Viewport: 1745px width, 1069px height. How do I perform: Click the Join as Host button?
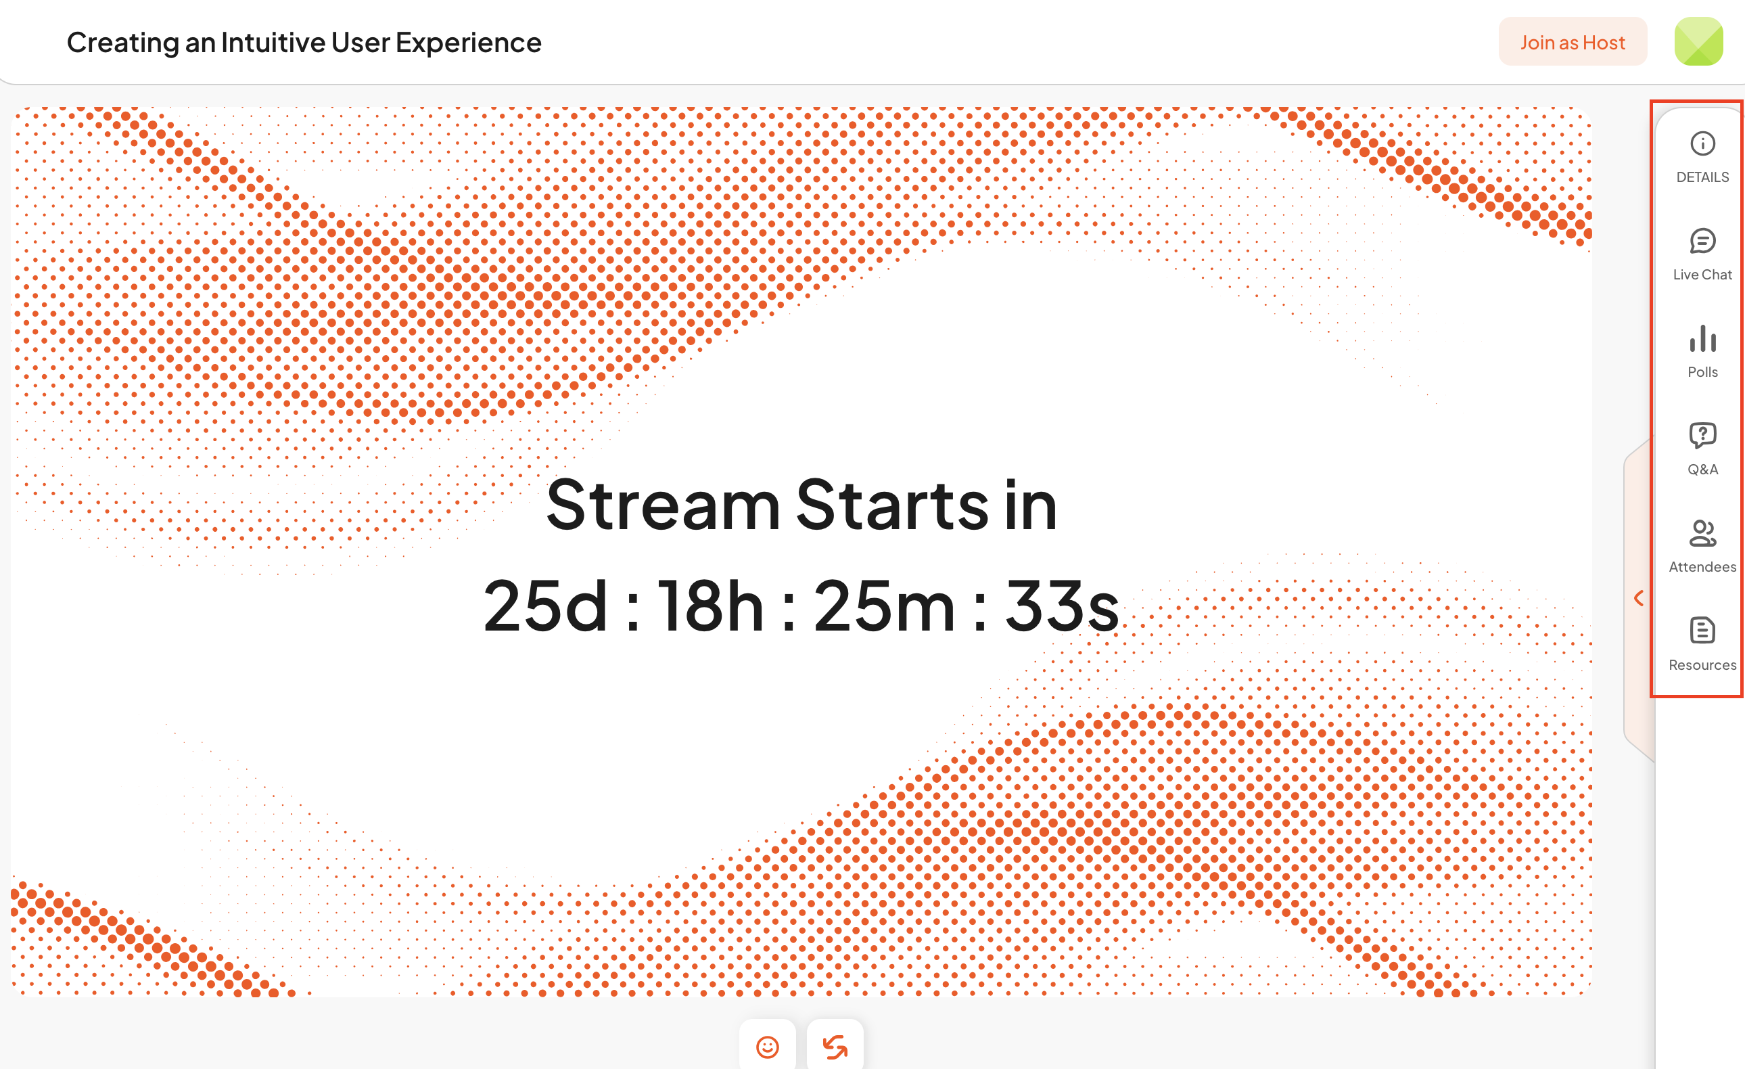[x=1573, y=42]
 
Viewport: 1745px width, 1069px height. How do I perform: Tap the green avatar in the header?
[x=1698, y=42]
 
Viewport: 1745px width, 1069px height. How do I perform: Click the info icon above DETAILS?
[x=1702, y=144]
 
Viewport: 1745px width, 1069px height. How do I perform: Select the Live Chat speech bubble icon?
[x=1702, y=241]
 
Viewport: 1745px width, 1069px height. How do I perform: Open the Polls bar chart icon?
[x=1702, y=338]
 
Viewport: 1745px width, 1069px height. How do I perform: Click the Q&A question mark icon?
[x=1702, y=436]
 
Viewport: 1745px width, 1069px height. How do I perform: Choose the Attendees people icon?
[x=1702, y=533]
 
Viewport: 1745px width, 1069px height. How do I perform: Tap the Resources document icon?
[x=1702, y=631]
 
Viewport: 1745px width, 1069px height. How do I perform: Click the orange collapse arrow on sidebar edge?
[x=1638, y=599]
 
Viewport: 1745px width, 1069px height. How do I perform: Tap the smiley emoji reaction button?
[x=767, y=1046]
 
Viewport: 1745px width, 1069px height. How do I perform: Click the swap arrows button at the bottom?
[x=835, y=1046]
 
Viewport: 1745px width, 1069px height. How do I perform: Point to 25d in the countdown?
[x=545, y=606]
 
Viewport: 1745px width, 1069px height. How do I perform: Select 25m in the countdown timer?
[x=885, y=606]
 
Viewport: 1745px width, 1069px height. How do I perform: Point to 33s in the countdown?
[x=1063, y=606]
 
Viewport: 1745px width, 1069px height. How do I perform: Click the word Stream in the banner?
[x=663, y=505]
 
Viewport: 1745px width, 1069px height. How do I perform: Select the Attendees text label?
[x=1702, y=567]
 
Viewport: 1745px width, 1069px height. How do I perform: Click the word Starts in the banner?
[x=892, y=505]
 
